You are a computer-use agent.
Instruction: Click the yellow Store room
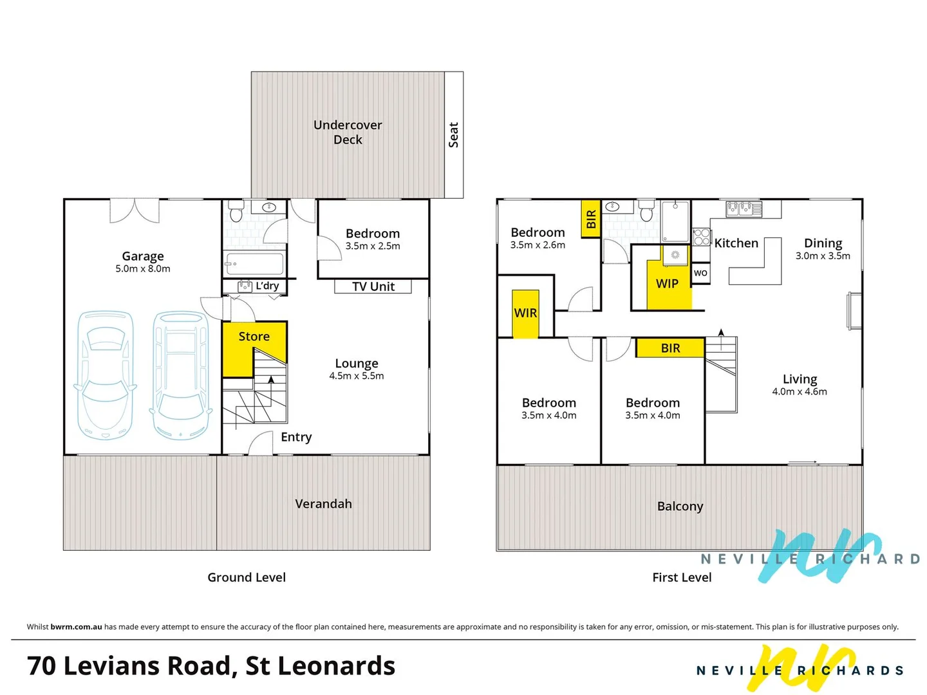tap(245, 347)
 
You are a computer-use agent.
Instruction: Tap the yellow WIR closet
tap(525, 313)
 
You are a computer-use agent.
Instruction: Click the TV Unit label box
tap(373, 286)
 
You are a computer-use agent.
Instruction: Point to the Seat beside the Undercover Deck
tap(454, 135)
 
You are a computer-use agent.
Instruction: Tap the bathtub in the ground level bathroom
tap(255, 264)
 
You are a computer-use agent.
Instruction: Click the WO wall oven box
tap(701, 273)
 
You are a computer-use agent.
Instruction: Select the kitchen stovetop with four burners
tap(702, 237)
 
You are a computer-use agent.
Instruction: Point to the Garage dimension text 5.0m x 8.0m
tap(143, 269)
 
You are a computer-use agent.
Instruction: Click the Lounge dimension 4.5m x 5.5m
tap(357, 376)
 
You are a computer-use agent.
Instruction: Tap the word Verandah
tap(323, 504)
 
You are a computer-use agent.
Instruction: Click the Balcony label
tap(680, 506)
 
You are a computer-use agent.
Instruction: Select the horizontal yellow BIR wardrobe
tap(670, 348)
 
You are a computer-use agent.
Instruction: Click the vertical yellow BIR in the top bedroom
tap(591, 219)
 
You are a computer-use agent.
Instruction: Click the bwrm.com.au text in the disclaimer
tap(76, 627)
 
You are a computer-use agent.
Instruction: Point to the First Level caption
tap(682, 577)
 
